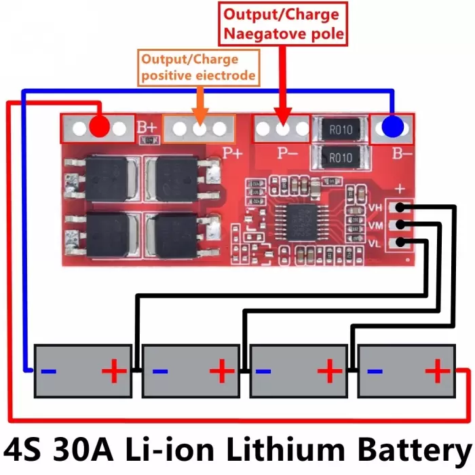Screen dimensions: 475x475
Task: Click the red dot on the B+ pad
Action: (x=99, y=126)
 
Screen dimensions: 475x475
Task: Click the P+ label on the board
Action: (x=233, y=153)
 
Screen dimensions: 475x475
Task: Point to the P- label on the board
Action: (x=288, y=153)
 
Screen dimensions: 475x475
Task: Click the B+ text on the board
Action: (x=147, y=128)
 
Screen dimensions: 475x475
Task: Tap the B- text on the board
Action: (x=402, y=153)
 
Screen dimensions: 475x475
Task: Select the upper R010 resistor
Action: (x=341, y=130)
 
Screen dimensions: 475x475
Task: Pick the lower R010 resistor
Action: (x=341, y=157)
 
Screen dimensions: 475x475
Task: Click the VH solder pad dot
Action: (x=400, y=208)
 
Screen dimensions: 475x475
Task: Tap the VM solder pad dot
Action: (x=400, y=225)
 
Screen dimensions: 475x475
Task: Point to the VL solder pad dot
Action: (x=400, y=242)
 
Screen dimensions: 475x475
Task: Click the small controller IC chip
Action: (x=301, y=223)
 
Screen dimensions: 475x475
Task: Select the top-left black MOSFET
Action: (x=107, y=178)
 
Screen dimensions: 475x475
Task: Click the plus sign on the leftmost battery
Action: (x=114, y=370)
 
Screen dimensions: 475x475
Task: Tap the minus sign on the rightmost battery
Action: (x=375, y=370)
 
